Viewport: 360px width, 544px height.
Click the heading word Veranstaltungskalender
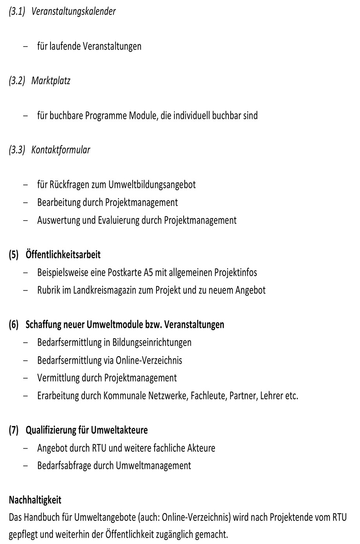[74, 11]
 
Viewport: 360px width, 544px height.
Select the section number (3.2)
[17, 81]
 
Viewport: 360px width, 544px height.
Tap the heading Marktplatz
[51, 81]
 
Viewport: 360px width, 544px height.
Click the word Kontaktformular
[61, 150]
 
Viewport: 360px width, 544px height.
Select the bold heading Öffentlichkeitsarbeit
[63, 255]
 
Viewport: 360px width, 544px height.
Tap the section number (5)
[14, 255]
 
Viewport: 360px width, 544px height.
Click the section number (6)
[14, 325]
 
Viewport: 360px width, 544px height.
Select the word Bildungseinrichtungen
[152, 343]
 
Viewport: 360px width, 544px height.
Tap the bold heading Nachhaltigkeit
[35, 500]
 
